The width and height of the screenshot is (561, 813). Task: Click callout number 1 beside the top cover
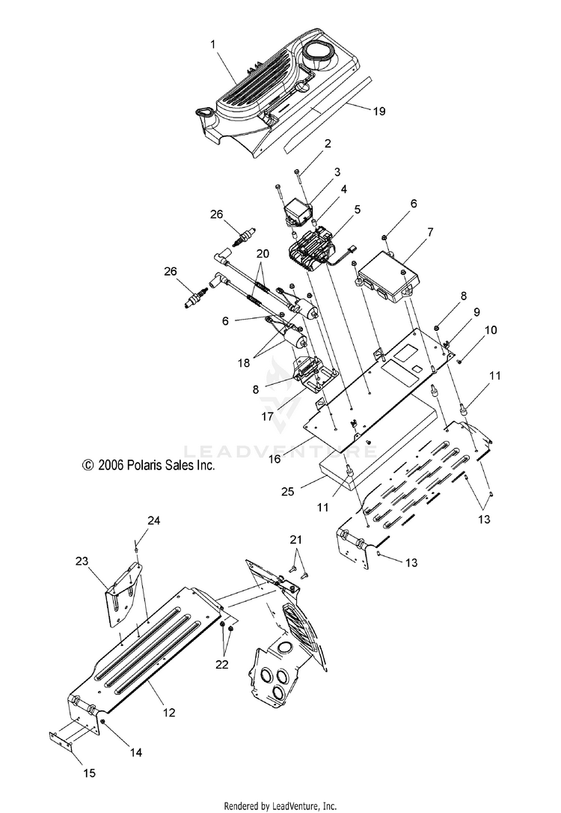point(214,45)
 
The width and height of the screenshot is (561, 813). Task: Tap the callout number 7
point(429,233)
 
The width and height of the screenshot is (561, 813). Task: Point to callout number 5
point(358,210)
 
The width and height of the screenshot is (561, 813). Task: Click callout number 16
point(275,459)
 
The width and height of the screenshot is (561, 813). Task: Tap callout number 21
point(297,540)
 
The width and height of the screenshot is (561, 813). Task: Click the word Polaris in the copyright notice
point(147,465)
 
